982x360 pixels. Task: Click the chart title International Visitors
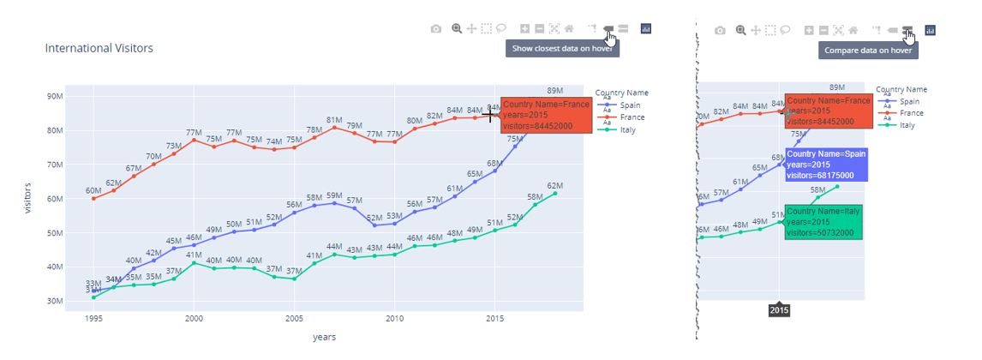(x=99, y=49)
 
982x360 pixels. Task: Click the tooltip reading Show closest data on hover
(x=562, y=49)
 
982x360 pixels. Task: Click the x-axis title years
(x=324, y=337)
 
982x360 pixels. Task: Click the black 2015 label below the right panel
(x=779, y=309)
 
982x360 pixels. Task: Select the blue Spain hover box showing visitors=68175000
(x=827, y=164)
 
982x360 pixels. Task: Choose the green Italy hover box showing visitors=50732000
(x=823, y=222)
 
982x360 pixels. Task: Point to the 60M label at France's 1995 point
(x=93, y=190)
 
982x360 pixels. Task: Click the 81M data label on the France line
(x=334, y=120)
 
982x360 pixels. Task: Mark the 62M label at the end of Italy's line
(x=555, y=186)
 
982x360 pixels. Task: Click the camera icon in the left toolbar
(x=436, y=29)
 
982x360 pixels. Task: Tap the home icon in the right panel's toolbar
(x=853, y=30)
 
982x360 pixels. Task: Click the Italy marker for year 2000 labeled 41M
(x=194, y=263)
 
